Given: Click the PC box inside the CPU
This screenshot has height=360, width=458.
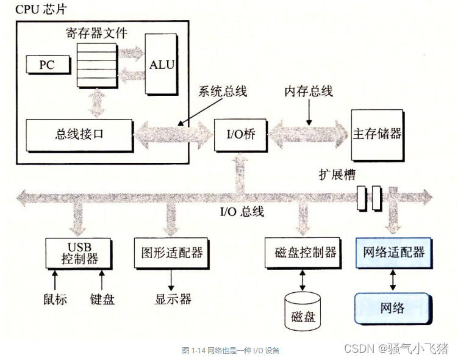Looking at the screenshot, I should pyautogui.click(x=46, y=64).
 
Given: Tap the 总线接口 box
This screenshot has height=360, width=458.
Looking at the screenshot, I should pyautogui.click(x=79, y=135).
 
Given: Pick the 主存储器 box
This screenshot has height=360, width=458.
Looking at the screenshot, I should pyautogui.click(x=377, y=134).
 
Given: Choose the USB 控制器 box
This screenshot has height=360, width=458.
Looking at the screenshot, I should pyautogui.click(x=79, y=252).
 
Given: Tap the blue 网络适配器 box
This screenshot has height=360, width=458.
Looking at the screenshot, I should pyautogui.click(x=393, y=251).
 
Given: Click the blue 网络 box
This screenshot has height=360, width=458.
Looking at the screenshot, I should pyautogui.click(x=393, y=306).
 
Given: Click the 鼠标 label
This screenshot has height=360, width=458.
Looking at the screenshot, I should pyautogui.click(x=55, y=300).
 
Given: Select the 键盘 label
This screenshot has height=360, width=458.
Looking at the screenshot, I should pyautogui.click(x=101, y=300).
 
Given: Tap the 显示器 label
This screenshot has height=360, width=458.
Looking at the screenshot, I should pyautogui.click(x=173, y=300).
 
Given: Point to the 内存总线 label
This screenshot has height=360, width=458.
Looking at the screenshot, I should pyautogui.click(x=309, y=92).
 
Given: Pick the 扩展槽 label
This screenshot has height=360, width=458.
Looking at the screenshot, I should pyautogui.click(x=336, y=174).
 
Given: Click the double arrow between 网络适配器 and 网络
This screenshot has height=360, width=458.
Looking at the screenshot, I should pyautogui.click(x=393, y=279).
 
